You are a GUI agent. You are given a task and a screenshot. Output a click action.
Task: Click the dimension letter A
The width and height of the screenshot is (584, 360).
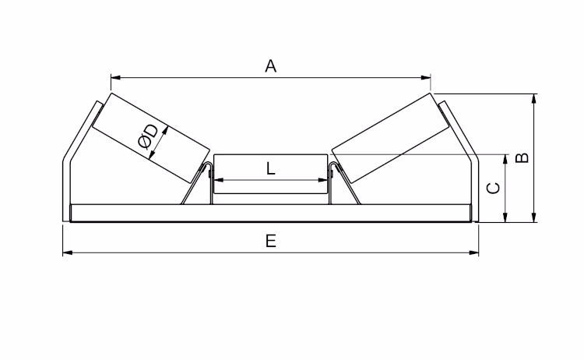click(271, 66)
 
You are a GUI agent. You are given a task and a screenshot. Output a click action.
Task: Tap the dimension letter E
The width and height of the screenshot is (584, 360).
click(271, 241)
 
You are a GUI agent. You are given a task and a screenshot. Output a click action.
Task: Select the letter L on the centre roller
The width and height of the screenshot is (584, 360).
click(271, 169)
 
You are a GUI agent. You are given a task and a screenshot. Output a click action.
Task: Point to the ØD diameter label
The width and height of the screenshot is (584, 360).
click(148, 136)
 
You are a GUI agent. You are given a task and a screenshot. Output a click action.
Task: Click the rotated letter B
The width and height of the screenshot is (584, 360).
click(522, 158)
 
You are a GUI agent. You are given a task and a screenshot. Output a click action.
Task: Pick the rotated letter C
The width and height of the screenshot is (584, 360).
click(494, 188)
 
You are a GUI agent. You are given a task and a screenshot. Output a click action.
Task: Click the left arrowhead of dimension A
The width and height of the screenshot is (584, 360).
click(116, 77)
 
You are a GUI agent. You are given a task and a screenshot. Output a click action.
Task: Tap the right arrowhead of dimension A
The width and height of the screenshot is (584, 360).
click(426, 77)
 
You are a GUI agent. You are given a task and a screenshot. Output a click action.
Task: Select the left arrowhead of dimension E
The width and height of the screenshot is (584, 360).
click(68, 252)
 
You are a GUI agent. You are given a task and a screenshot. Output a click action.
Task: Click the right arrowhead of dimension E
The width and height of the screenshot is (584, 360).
click(473, 252)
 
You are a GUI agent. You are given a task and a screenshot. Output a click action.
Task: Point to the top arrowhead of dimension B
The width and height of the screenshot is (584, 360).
click(534, 99)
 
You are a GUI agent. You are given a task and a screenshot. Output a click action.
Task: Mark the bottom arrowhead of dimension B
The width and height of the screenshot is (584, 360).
click(534, 217)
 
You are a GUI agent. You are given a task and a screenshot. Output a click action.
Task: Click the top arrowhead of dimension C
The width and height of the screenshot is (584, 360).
click(505, 159)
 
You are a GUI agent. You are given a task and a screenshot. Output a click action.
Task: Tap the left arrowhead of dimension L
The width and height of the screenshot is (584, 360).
click(219, 180)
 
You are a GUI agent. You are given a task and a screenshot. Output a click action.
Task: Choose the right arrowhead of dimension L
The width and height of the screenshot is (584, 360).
click(322, 180)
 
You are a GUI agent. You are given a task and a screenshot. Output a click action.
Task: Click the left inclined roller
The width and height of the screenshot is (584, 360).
click(151, 138)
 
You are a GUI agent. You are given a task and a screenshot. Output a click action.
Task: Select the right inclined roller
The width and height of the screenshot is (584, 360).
click(390, 138)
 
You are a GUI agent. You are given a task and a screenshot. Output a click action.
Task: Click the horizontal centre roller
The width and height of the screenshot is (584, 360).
click(271, 174)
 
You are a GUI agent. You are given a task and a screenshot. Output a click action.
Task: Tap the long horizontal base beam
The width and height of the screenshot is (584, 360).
click(271, 213)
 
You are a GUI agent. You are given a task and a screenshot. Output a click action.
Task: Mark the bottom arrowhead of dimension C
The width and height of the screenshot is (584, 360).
click(505, 217)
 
